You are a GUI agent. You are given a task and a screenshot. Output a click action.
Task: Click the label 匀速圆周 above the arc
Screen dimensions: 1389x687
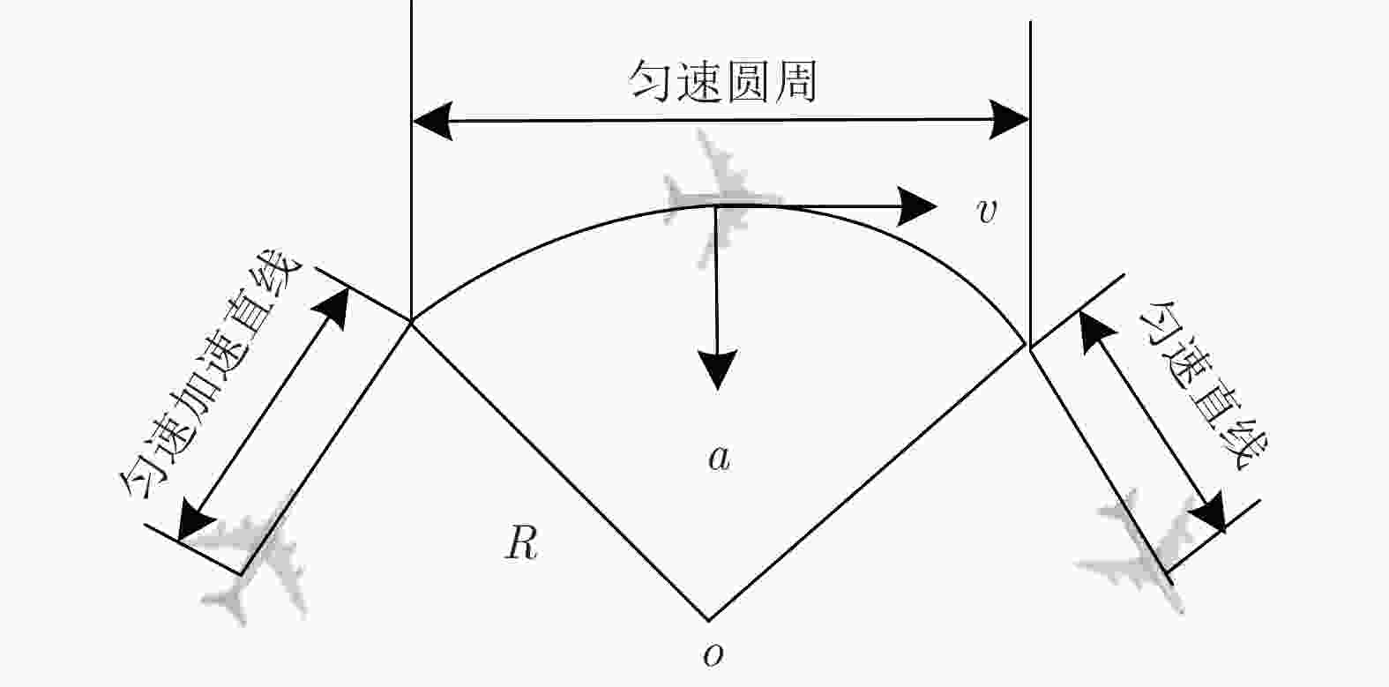[x=722, y=81]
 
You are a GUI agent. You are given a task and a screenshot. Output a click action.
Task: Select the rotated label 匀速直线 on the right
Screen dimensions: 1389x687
[x=1203, y=385]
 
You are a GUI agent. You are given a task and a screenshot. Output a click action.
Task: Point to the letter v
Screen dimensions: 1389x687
[x=987, y=211]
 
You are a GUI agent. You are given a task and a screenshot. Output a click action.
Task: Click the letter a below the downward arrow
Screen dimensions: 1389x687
[x=720, y=459]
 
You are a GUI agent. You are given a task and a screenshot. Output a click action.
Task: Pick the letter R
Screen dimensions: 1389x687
[x=521, y=543]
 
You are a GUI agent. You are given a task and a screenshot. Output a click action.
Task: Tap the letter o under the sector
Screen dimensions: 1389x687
[x=713, y=654]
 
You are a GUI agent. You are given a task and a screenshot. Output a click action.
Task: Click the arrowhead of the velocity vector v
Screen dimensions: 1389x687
[x=916, y=205]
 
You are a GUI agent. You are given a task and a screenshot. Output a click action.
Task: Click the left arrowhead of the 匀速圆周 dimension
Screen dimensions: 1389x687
[x=432, y=120]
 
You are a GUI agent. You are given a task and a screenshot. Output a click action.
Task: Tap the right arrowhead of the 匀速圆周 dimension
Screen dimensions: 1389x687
[x=1010, y=119]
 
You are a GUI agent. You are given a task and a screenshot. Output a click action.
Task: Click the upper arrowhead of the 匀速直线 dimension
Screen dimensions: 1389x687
[x=1095, y=331]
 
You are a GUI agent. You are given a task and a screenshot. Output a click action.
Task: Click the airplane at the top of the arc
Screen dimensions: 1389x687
[x=722, y=198]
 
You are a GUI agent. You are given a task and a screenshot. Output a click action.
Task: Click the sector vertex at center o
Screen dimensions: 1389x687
[x=709, y=620]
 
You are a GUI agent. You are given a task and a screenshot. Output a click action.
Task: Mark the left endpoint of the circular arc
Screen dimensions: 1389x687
[x=411, y=321]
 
